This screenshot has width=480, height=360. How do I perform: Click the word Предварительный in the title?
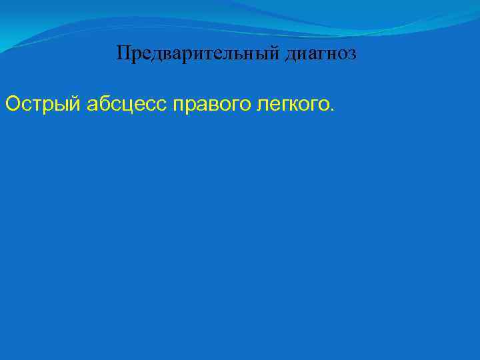click(x=198, y=53)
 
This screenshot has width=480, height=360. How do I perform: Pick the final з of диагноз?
click(x=352, y=54)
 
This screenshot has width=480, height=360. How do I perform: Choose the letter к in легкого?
click(x=291, y=105)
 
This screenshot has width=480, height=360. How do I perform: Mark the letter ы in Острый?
click(x=62, y=105)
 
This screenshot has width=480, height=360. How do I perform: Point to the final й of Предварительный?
click(x=276, y=53)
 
